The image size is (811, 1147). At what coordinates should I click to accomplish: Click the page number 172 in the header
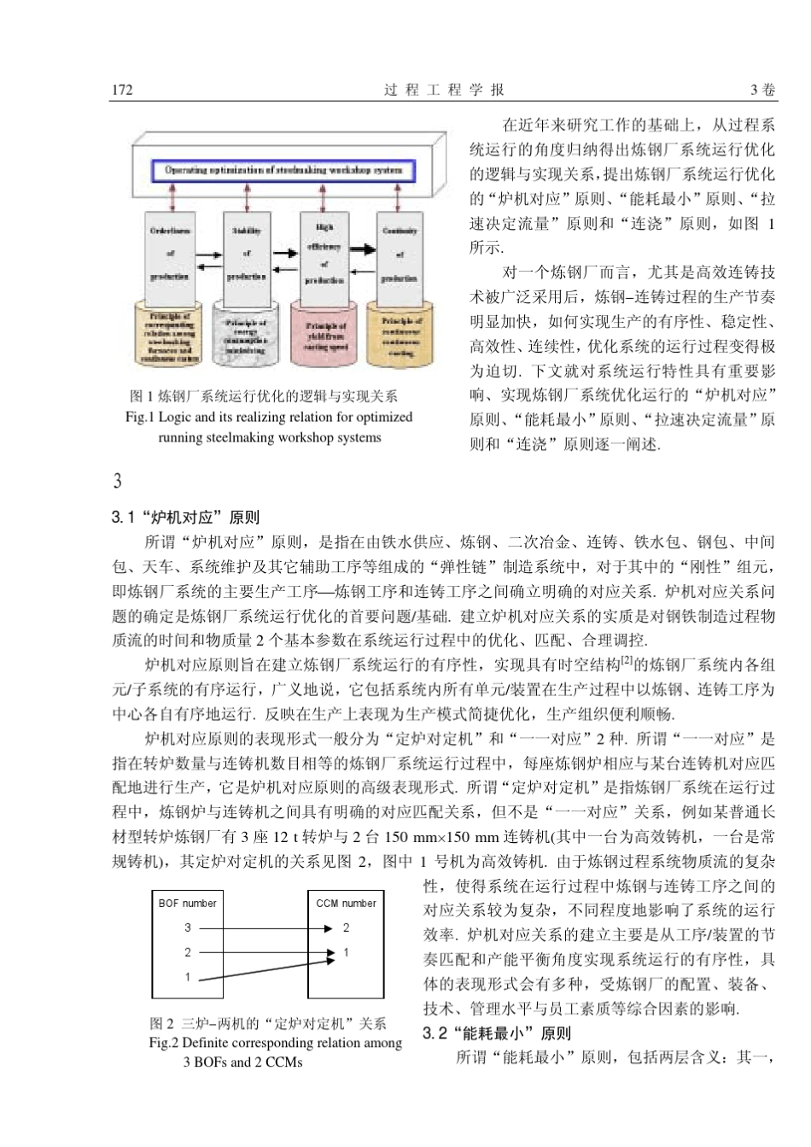pyautogui.click(x=122, y=90)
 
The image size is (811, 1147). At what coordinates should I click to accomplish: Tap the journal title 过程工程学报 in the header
pyautogui.click(x=444, y=90)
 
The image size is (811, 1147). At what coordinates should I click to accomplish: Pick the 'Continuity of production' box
pyautogui.click(x=400, y=254)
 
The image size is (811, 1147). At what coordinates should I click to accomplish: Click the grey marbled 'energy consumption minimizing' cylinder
pyautogui.click(x=246, y=336)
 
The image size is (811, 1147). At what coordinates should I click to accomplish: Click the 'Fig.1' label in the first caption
pyautogui.click(x=141, y=418)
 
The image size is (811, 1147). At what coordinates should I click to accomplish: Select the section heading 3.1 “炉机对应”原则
pyautogui.click(x=185, y=518)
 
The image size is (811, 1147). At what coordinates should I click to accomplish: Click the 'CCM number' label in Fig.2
pyautogui.click(x=346, y=903)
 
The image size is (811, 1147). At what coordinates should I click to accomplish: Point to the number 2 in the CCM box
pyautogui.click(x=346, y=928)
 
